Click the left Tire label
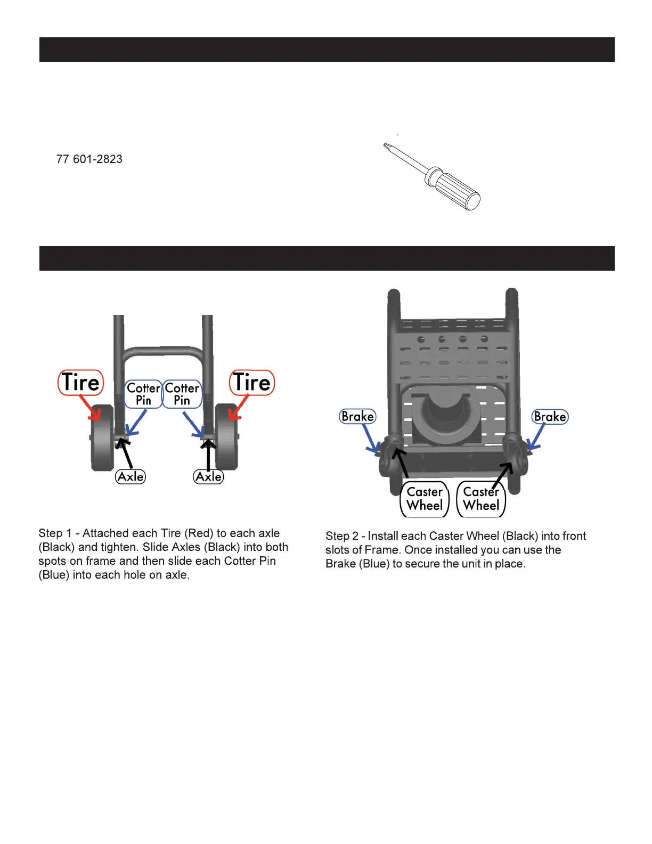tap(80, 383)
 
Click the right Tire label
tap(252, 383)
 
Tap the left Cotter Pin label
tap(143, 394)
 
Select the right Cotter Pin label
tap(182, 394)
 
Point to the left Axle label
tap(131, 476)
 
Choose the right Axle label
tap(208, 476)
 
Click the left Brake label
tap(357, 416)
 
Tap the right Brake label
tap(550, 416)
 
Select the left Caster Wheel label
tap(425, 499)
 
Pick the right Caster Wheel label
tap(481, 499)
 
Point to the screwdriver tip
tap(386, 145)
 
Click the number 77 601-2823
tap(89, 159)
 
